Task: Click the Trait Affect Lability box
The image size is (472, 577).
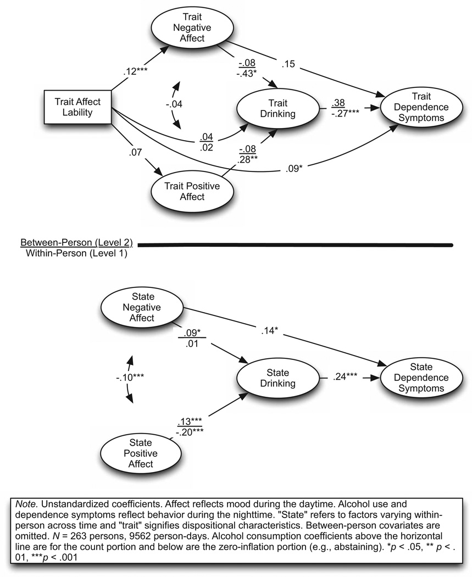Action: [77, 107]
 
